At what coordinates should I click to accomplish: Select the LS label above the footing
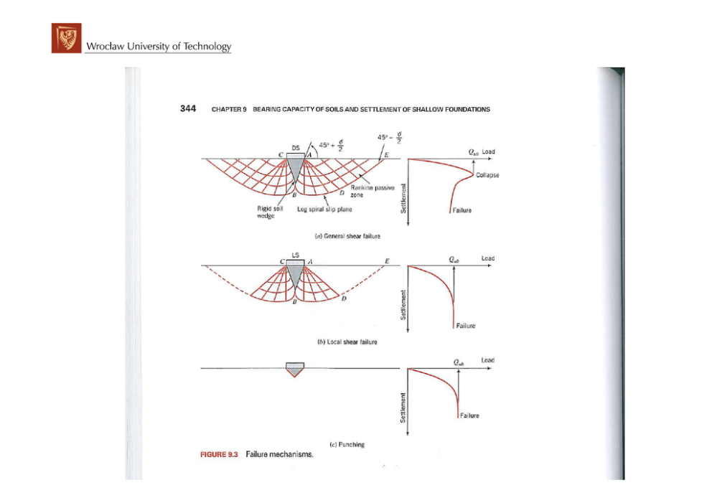point(294,255)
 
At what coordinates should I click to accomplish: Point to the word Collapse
point(487,175)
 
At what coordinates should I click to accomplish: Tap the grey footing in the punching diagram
point(295,367)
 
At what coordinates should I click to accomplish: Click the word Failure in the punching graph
point(470,415)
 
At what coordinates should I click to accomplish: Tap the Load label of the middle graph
point(487,258)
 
